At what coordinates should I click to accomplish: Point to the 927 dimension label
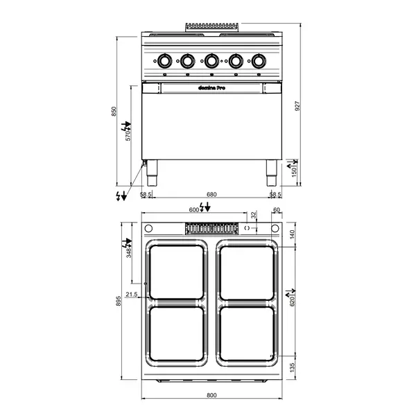pyautogui.click(x=297, y=105)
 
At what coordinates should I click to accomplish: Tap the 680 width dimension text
pyautogui.click(x=211, y=195)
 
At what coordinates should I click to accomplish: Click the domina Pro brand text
pyautogui.click(x=211, y=88)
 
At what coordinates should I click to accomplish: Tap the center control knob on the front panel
pyautogui.click(x=211, y=61)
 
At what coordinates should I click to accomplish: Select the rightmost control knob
pyautogui.click(x=259, y=61)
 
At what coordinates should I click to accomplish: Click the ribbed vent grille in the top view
pyautogui.click(x=210, y=228)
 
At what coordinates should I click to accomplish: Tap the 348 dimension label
pyautogui.click(x=128, y=252)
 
